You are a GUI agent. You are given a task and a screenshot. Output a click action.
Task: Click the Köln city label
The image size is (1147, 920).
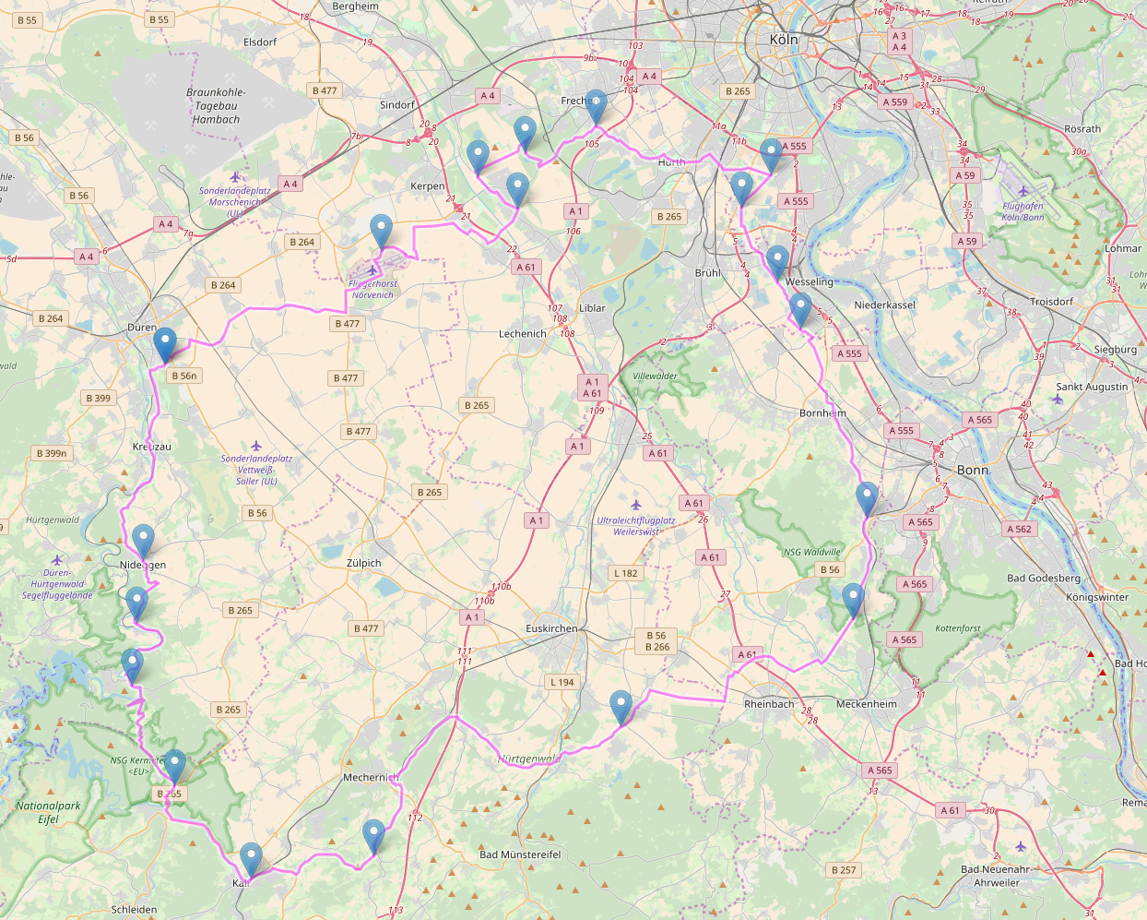784,40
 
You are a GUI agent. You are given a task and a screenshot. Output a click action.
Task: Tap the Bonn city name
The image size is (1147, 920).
973,470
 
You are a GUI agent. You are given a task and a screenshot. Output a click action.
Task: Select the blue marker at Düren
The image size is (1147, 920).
165,344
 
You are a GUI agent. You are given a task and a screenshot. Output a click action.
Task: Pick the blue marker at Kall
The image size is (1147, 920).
251,860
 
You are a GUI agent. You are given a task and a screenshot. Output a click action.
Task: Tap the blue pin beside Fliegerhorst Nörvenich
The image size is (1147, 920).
381,231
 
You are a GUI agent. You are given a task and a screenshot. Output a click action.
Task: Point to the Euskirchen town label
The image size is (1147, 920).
551,628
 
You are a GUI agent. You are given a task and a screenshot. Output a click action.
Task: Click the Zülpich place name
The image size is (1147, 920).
364,563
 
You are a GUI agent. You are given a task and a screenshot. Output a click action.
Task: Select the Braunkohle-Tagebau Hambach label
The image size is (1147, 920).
216,106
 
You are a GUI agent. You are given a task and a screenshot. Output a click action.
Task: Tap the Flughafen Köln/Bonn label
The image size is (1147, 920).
1023,211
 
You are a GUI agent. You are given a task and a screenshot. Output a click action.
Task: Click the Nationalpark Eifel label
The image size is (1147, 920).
48,812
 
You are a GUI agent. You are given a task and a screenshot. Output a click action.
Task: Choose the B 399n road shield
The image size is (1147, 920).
53,453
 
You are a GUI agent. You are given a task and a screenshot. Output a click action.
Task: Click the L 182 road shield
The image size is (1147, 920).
625,573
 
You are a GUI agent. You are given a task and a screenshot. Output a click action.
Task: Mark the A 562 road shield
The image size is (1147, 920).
1019,529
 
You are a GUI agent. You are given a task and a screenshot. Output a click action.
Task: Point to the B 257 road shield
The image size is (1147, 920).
843,869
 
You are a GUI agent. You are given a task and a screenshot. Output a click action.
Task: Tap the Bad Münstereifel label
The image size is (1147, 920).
520,854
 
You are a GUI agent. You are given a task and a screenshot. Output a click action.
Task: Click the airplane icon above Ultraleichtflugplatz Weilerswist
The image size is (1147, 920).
635,505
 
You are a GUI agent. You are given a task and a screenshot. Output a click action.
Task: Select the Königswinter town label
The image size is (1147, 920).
1097,597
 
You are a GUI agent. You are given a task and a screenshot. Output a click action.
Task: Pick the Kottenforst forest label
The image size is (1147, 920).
958,628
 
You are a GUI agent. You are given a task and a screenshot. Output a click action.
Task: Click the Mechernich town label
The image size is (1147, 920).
371,777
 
